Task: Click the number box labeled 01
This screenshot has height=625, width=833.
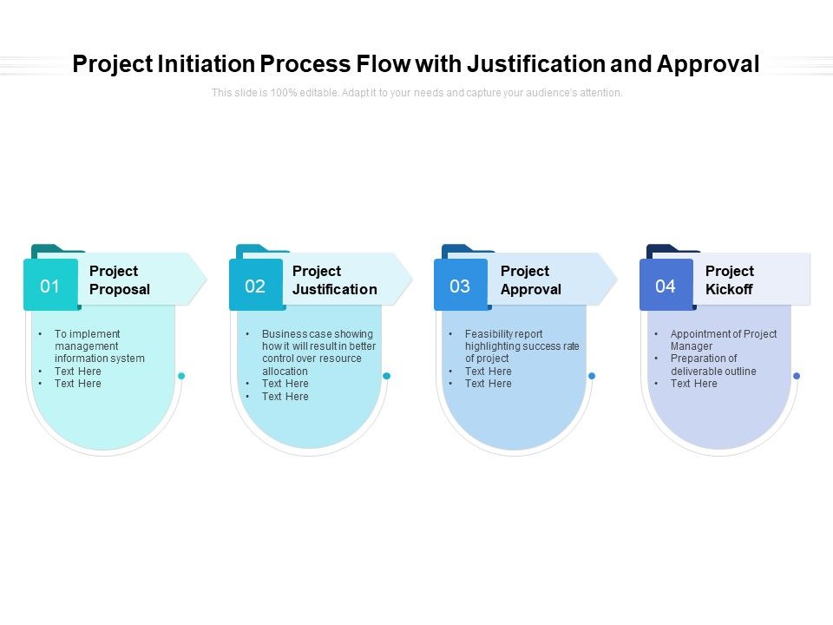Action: coord(50,286)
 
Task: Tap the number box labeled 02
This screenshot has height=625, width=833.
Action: coord(255,286)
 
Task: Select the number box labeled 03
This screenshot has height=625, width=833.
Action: coord(460,286)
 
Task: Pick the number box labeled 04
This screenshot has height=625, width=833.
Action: coord(666,286)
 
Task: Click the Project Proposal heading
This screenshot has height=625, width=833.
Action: coord(120,280)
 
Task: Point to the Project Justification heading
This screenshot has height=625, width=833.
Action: coord(334,280)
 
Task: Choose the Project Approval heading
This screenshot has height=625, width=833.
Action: coord(530,280)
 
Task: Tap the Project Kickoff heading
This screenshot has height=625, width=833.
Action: coord(729,280)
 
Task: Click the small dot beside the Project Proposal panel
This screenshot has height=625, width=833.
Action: coord(181,376)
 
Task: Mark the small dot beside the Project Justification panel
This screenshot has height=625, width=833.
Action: coord(387,376)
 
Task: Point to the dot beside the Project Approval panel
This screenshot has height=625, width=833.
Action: coord(592,376)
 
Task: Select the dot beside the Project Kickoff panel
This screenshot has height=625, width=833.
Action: coord(797,376)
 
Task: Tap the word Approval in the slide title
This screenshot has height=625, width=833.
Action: coord(708,64)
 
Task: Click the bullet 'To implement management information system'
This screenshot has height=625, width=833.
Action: coord(99,345)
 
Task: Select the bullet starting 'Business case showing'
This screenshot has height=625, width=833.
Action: coord(318,352)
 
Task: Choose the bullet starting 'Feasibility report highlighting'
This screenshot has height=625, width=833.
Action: coord(521,345)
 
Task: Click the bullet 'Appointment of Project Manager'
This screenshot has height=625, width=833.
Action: coord(723,339)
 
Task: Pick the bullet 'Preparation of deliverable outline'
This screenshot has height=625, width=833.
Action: coord(712,365)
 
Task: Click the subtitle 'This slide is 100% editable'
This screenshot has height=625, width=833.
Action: coord(416,93)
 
